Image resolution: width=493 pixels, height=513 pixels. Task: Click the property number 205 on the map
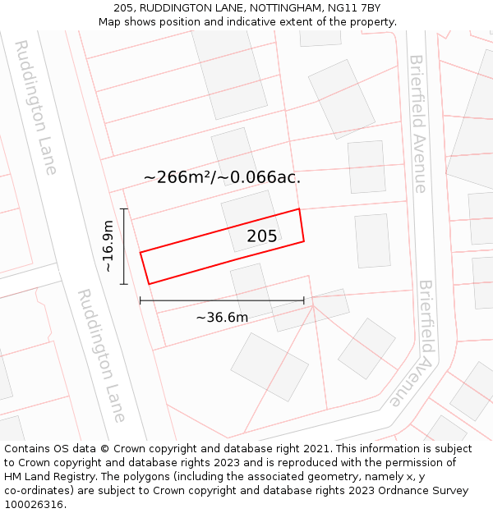coord(262,236)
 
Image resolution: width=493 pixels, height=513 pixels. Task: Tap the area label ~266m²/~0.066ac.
coord(222,177)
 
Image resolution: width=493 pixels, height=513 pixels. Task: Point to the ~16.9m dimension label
coord(108,246)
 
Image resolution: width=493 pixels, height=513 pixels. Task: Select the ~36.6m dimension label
coord(222,318)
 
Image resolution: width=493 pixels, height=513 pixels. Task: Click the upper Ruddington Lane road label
coord(37,107)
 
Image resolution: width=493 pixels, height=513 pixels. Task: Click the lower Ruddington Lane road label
coord(101,355)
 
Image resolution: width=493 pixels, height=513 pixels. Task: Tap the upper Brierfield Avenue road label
coord(418,123)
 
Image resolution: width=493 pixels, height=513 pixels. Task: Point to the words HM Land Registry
coord(49,477)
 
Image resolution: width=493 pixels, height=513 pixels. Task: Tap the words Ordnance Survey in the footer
coord(424,491)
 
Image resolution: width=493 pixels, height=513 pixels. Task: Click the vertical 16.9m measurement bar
coord(124,246)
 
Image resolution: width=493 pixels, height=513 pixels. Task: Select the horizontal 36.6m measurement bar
coord(222,301)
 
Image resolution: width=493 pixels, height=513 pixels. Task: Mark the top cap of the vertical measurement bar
coord(124,209)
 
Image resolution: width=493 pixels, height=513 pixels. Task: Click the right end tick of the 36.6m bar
coord(304,301)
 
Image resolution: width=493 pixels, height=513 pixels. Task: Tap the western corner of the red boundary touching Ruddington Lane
coord(141,253)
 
